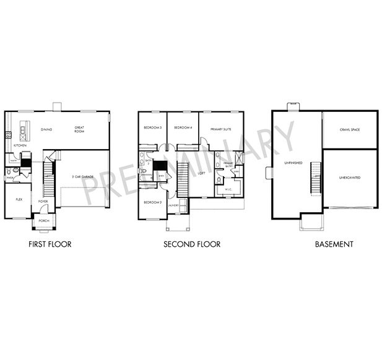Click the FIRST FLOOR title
coord(50,244)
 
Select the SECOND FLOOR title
coord(192,244)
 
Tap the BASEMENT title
coord(334,244)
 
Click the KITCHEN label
coord(20,145)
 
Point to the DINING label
coord(46,129)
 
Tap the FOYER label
coord(43,201)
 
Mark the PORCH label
coord(44,221)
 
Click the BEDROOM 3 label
coord(152,127)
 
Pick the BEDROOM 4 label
coord(183,127)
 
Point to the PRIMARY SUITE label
coord(221,129)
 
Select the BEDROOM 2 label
coord(152,202)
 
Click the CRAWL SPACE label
coord(350,129)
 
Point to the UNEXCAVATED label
coord(350,178)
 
